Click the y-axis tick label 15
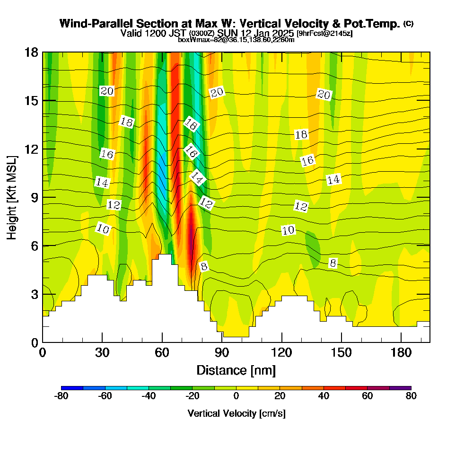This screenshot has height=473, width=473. [31, 101]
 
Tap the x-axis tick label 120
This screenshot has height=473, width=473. [281, 353]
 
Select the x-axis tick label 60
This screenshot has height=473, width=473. [162, 353]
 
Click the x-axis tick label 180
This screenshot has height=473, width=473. [401, 353]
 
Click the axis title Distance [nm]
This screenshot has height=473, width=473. [236, 370]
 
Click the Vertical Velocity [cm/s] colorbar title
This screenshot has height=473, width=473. [236, 413]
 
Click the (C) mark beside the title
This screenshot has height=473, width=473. [408, 24]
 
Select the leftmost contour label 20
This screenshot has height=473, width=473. [107, 91]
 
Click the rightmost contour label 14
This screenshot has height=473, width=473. [333, 179]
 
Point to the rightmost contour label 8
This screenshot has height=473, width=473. [333, 263]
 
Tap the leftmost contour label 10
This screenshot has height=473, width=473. [103, 229]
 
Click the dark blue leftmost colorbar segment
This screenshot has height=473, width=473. [72, 388]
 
